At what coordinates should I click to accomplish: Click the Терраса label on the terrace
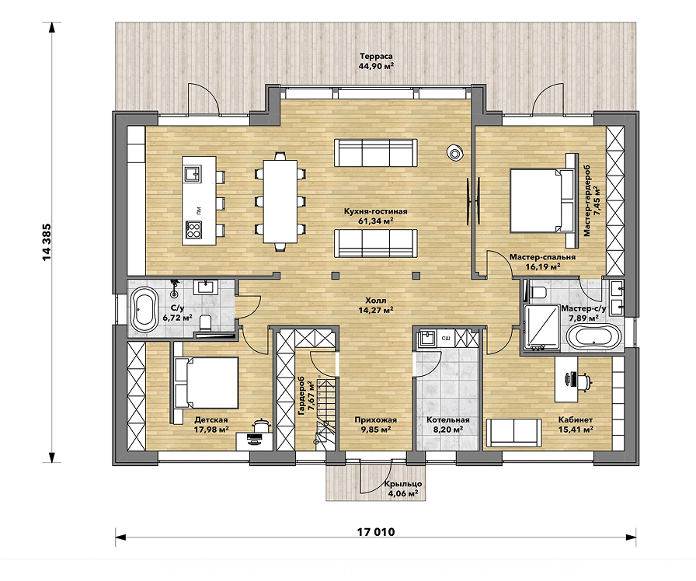tap(376, 57)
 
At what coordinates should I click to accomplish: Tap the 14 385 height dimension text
tap(47, 242)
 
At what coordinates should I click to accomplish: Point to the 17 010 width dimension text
tap(375, 532)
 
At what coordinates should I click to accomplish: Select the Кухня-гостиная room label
tap(375, 211)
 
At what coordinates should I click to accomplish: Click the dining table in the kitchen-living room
tap(280, 201)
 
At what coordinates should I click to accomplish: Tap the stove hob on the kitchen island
tap(193, 230)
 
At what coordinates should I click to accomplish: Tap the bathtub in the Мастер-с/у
tap(593, 338)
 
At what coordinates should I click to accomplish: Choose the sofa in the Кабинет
tap(514, 433)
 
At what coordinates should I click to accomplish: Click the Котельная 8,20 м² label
tap(448, 425)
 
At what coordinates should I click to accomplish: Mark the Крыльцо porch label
tap(403, 484)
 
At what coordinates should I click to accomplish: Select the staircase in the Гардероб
tap(325, 411)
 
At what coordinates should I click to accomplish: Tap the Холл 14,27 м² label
tap(375, 305)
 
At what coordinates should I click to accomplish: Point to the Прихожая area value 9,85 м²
tap(376, 430)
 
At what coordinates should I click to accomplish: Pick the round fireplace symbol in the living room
tap(454, 153)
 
